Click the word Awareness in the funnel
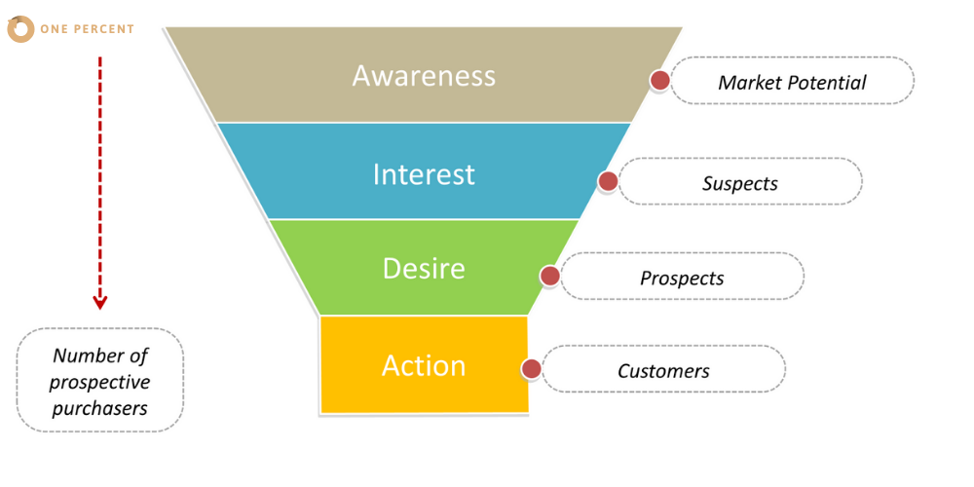[x=424, y=76]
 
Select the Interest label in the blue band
[x=424, y=174]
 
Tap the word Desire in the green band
[x=424, y=269]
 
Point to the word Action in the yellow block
[x=424, y=366]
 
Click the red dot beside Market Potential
[x=659, y=80]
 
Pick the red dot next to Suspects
[x=608, y=181]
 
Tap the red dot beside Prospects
[x=549, y=276]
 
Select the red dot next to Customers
[x=531, y=369]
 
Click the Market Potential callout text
[x=792, y=82]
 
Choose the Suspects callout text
[x=740, y=184]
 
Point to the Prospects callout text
[x=682, y=279]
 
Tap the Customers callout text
[x=663, y=371]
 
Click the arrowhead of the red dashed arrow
[x=100, y=303]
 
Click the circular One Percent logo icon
[x=20, y=29]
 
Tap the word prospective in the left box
[x=99, y=382]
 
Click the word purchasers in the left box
[x=99, y=409]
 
